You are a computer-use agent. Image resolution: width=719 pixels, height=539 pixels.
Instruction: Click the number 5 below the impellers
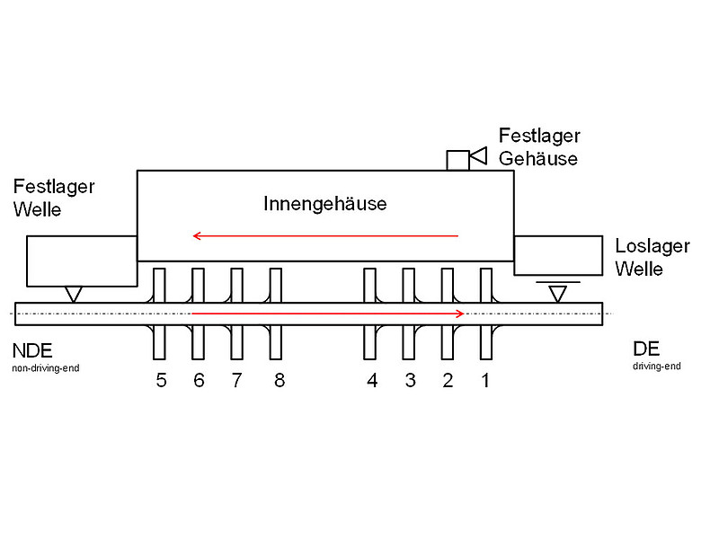coord(161,381)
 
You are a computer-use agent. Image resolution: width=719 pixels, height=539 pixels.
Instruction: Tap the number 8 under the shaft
coord(279,381)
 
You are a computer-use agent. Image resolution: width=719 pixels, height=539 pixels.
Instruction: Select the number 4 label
coord(372,381)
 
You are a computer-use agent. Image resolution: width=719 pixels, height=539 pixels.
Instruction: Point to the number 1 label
coord(485,381)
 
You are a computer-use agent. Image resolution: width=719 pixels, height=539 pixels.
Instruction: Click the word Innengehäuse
coord(324,204)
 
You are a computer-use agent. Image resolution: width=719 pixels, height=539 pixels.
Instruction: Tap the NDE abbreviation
coord(32,350)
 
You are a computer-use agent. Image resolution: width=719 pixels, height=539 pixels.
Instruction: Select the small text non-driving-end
coord(46,367)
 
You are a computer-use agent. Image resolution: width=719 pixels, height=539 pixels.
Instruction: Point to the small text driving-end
coord(657,366)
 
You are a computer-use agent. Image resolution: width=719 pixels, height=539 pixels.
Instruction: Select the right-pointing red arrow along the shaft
coord(328,314)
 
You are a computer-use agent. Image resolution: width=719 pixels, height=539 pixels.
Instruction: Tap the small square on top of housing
coord(457,159)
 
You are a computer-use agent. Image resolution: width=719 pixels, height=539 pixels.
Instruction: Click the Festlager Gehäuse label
coord(539,147)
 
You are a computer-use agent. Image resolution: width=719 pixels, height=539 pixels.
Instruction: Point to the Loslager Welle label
coord(651,257)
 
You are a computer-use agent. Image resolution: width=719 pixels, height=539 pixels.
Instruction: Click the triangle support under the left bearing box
coord(73,293)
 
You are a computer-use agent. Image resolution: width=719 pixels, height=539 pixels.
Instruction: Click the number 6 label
coord(199,381)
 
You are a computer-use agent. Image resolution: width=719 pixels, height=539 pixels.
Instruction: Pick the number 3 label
coord(410,381)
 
